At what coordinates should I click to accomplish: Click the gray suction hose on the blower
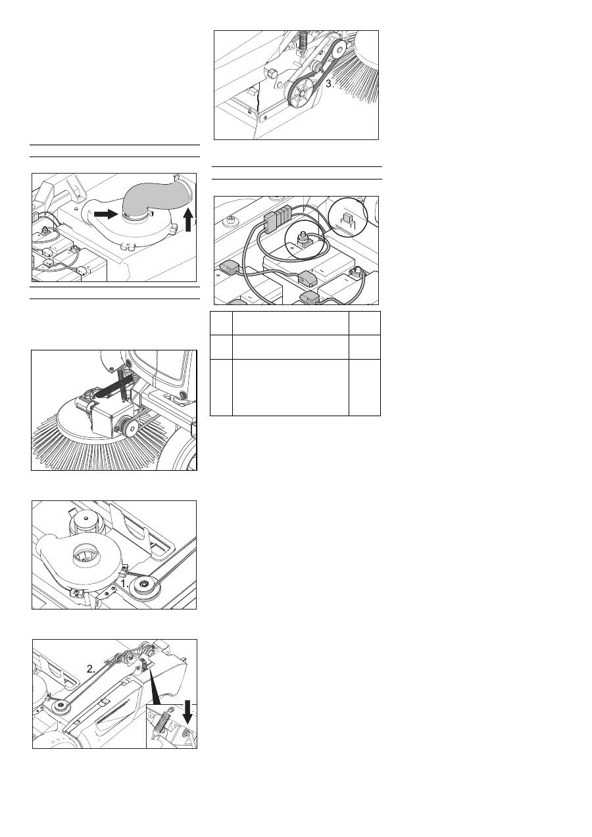[x=157, y=198]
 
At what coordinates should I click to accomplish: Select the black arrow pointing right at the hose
[x=106, y=214]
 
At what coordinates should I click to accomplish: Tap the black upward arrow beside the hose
[x=188, y=220]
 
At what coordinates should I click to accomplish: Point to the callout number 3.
[x=330, y=84]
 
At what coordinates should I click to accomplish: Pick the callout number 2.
[x=91, y=669]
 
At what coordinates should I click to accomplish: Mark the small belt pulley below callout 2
[x=60, y=704]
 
